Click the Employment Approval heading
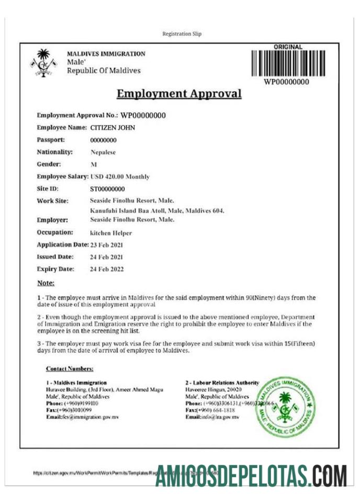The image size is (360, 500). [x=179, y=94]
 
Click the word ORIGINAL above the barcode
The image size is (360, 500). [x=288, y=47]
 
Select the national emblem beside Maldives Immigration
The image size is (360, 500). [x=43, y=62]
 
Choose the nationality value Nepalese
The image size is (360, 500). [x=103, y=152]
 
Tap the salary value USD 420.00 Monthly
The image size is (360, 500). [x=120, y=177]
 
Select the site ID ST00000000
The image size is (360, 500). [x=108, y=189]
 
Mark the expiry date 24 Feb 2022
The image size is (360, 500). [x=106, y=269]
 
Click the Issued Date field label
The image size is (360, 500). [x=55, y=257]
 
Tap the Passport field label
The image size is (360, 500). [x=51, y=140]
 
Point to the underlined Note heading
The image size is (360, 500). [x=46, y=283]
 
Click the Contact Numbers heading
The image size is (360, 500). [x=70, y=369]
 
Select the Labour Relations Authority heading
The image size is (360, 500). [x=222, y=383]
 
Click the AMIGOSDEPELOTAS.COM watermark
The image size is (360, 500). [x=251, y=476]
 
